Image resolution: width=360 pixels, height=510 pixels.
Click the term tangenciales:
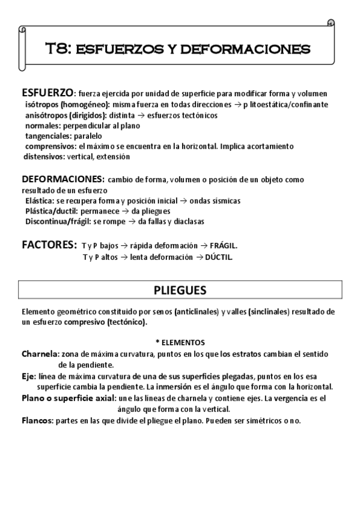[x=48, y=136]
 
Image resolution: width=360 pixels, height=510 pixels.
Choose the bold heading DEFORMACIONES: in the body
[x=63, y=179]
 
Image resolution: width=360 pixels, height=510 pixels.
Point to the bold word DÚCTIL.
[x=218, y=257]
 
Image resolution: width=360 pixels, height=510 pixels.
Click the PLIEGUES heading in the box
[x=180, y=290]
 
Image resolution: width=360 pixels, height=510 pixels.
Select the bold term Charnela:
[x=40, y=354]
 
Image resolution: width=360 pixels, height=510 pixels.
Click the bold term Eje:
[x=28, y=376]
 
